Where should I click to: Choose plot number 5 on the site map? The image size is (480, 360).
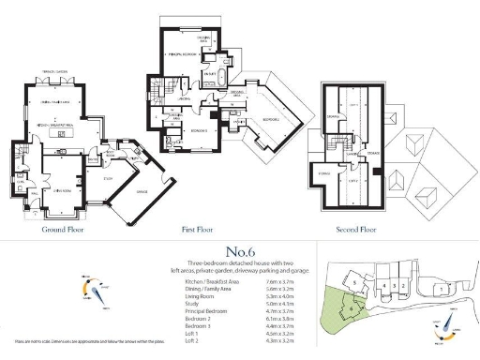click(x=354, y=279)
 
